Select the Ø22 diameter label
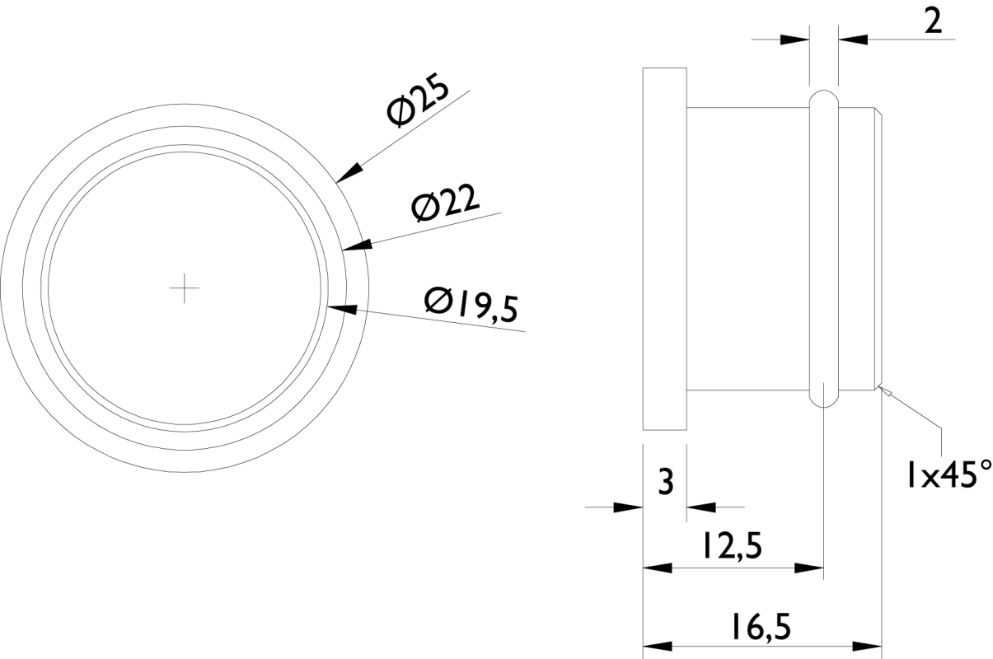click(x=445, y=204)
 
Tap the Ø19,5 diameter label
click(x=471, y=305)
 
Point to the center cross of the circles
click(x=185, y=288)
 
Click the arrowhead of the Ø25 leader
click(x=349, y=173)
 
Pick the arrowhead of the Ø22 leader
click(x=357, y=246)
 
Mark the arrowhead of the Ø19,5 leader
click(x=342, y=309)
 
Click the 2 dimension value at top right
click(x=933, y=22)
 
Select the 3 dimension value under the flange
click(x=665, y=482)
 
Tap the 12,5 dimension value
click(x=732, y=545)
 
